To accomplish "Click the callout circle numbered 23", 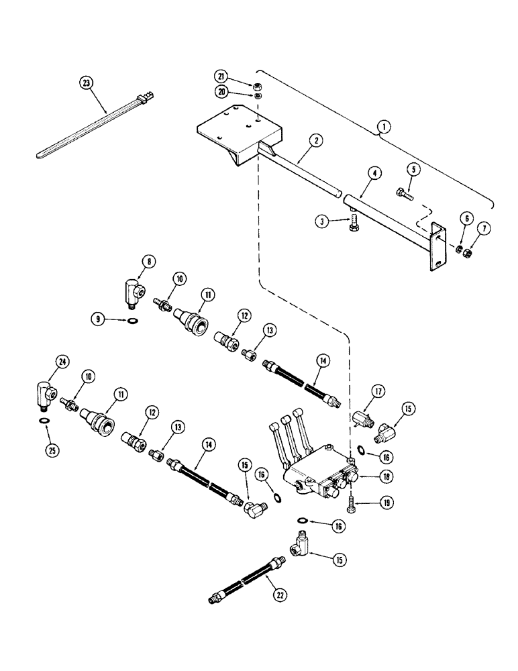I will tap(86, 83).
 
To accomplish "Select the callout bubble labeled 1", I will tap(384, 125).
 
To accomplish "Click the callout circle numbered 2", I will tap(315, 140).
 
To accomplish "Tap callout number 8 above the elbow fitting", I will tap(149, 261).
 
